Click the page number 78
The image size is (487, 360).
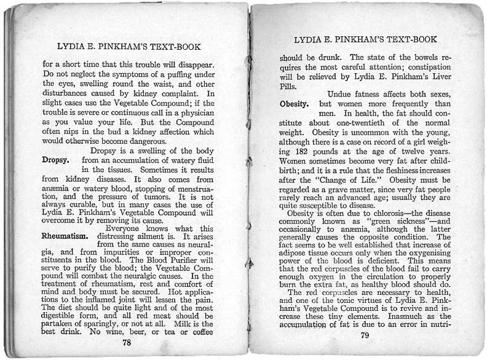(x=127, y=342)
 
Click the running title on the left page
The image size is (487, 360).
(x=129, y=47)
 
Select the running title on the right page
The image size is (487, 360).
(x=365, y=40)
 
